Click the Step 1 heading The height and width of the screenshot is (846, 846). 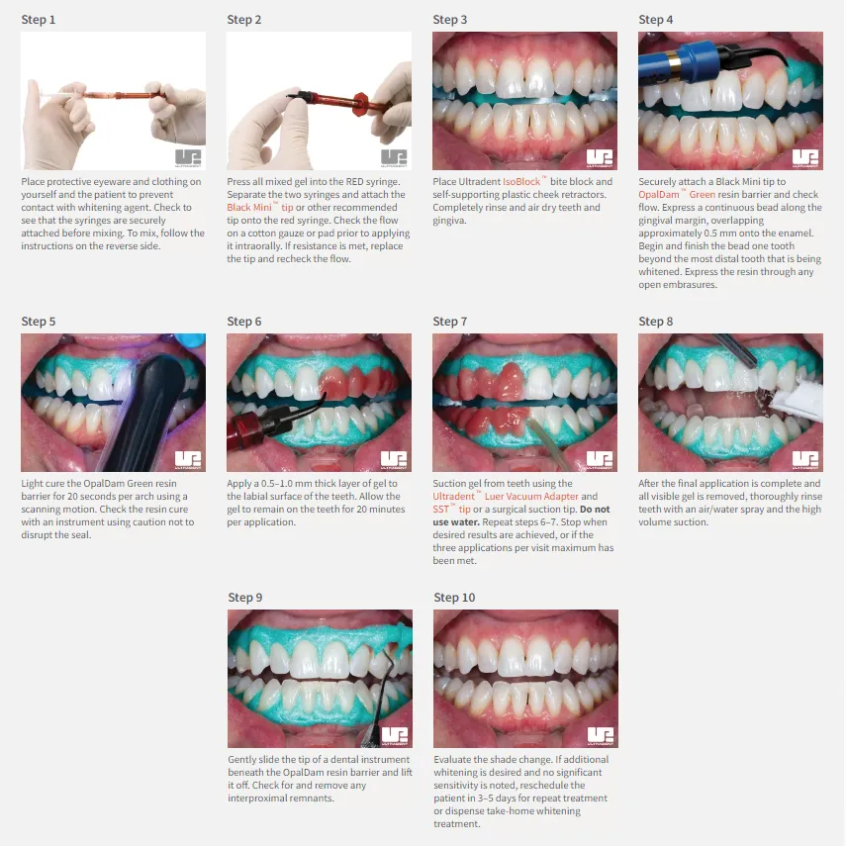39,20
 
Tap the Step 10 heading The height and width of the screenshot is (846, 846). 454,598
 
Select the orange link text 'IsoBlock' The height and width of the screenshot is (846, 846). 521,182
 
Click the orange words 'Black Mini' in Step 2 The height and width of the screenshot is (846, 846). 249,208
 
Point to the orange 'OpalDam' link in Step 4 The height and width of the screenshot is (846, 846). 659,195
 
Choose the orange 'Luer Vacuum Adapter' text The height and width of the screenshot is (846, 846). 531,497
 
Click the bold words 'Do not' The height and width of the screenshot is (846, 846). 595,510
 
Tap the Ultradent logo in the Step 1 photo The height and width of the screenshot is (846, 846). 188,158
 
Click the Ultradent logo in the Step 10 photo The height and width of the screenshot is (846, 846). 601,736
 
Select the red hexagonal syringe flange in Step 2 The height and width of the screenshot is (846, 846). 360,105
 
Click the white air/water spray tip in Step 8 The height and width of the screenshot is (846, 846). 796,401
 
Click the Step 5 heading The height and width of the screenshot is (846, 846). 39,322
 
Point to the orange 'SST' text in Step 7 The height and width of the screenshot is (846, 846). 440,510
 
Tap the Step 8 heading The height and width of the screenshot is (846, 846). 656,322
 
